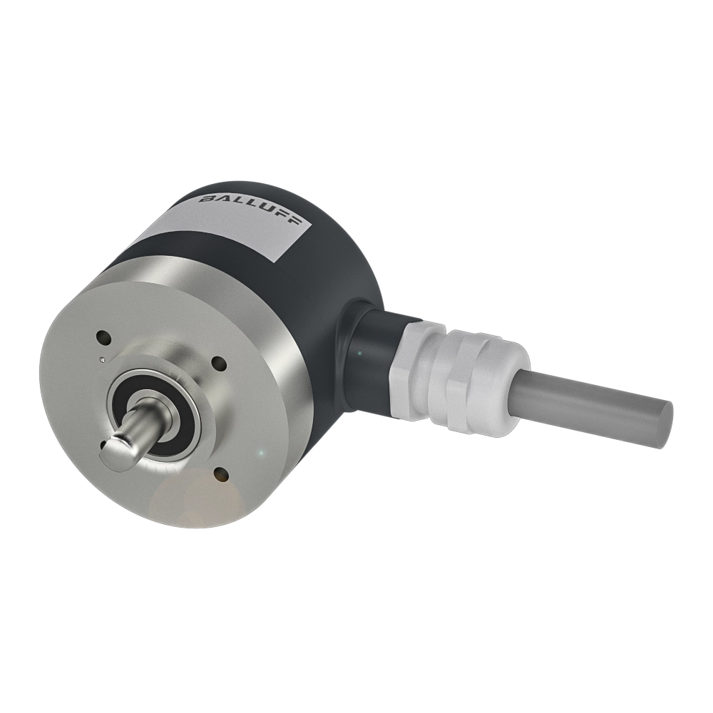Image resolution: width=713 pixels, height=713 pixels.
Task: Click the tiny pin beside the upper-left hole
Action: point(103,359)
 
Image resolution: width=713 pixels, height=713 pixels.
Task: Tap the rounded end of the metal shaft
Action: point(112,454)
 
